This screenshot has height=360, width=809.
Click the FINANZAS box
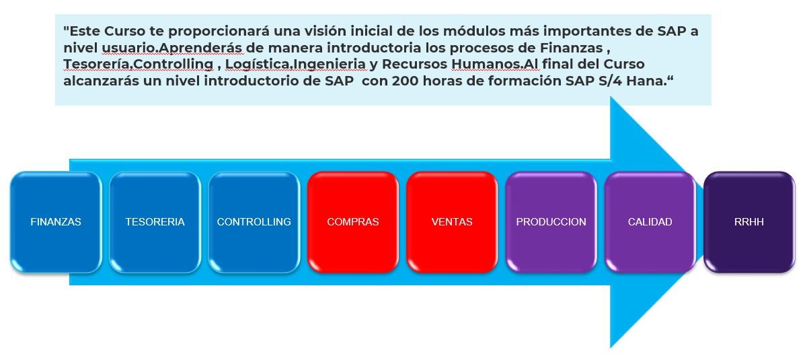pyautogui.click(x=56, y=222)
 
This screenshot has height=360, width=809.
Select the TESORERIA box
pyautogui.click(x=155, y=222)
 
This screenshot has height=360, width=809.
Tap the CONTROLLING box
pyautogui.click(x=254, y=222)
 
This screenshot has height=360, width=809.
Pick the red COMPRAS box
pyautogui.click(x=353, y=222)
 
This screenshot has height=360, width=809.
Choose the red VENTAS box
pyautogui.click(x=452, y=222)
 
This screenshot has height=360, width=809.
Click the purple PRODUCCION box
pyautogui.click(x=551, y=222)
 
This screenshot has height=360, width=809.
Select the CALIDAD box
pyautogui.click(x=650, y=222)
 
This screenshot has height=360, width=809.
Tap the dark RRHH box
pyautogui.click(x=749, y=222)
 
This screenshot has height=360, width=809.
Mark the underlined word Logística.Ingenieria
pyautogui.click(x=296, y=65)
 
